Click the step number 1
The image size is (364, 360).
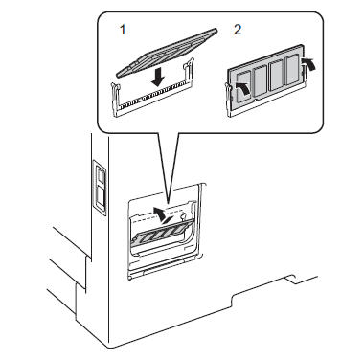123,30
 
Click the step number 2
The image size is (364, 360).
238,30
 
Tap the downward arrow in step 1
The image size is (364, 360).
159,78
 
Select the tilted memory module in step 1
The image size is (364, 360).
167,53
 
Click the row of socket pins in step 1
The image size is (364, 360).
151,97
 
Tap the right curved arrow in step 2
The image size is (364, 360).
309,63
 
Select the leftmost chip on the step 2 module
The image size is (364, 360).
244,86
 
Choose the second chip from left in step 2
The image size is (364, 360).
261,80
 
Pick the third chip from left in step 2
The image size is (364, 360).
277,76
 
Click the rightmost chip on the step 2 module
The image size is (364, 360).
292,70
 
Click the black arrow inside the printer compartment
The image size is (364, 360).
164,215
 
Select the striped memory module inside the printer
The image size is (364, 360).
163,233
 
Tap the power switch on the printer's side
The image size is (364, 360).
101,188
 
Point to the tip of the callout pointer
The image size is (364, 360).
168,202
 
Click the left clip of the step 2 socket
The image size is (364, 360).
228,99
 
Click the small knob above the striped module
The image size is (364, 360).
183,216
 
